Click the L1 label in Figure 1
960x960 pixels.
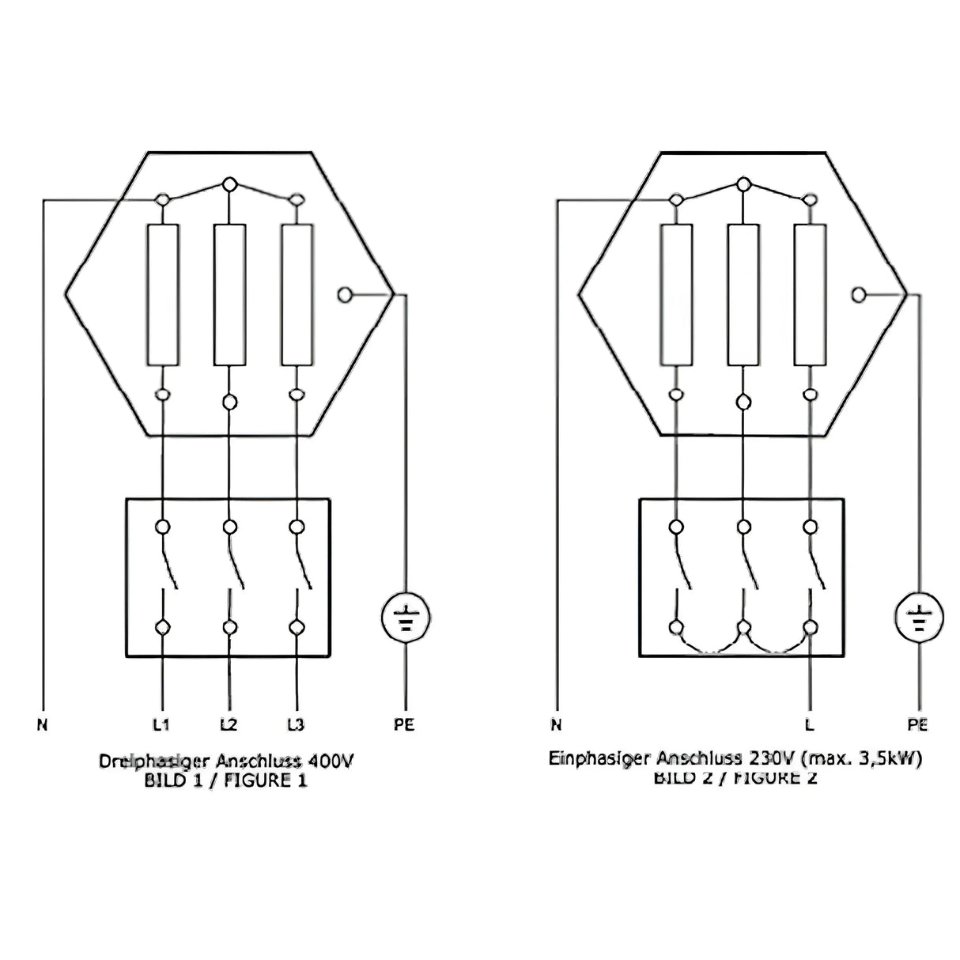coord(162,724)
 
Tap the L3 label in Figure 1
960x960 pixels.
coord(296,724)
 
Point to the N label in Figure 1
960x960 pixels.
coord(42,724)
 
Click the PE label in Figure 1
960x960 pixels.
coord(404,724)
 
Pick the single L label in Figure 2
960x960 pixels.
coord(809,724)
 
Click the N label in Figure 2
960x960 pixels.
coord(556,724)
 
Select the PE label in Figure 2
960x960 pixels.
coord(918,724)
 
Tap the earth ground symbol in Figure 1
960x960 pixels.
coord(406,618)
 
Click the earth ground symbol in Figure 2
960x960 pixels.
coord(919,618)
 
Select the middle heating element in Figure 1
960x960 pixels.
coord(229,295)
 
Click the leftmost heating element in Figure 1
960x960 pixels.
coord(163,295)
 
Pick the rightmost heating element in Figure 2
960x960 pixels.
coord(809,295)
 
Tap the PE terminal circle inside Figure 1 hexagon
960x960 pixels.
coord(344,295)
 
